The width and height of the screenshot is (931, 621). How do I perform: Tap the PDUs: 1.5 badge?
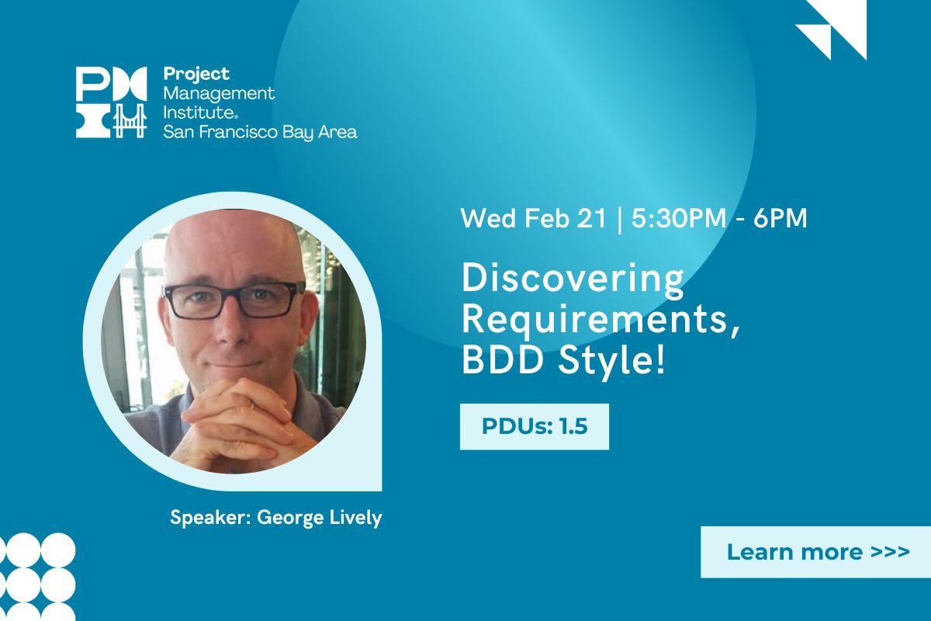(x=534, y=427)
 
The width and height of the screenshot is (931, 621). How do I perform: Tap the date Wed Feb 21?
(x=533, y=218)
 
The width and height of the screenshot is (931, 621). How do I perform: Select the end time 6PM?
(x=780, y=218)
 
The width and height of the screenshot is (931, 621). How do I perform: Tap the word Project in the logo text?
(x=196, y=75)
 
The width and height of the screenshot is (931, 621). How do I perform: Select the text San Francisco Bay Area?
(x=260, y=132)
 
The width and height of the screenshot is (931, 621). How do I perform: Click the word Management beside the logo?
(x=219, y=93)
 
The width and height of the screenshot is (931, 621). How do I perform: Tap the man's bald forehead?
(x=233, y=248)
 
